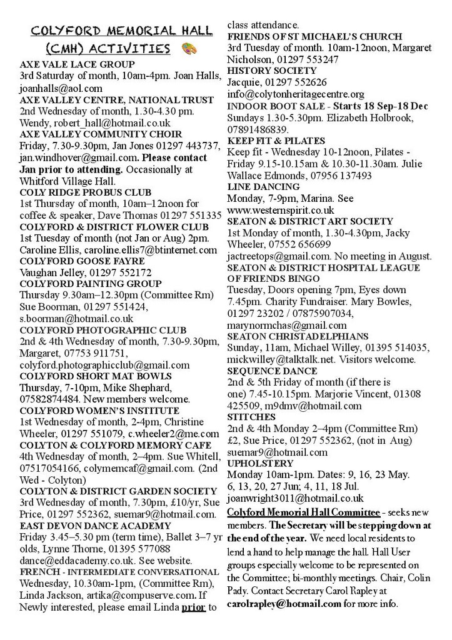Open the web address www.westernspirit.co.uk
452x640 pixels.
pyautogui.click(x=281, y=210)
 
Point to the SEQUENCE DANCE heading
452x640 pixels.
pyautogui.click(x=268, y=371)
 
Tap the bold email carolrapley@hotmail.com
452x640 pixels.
pyautogui.click(x=284, y=604)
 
